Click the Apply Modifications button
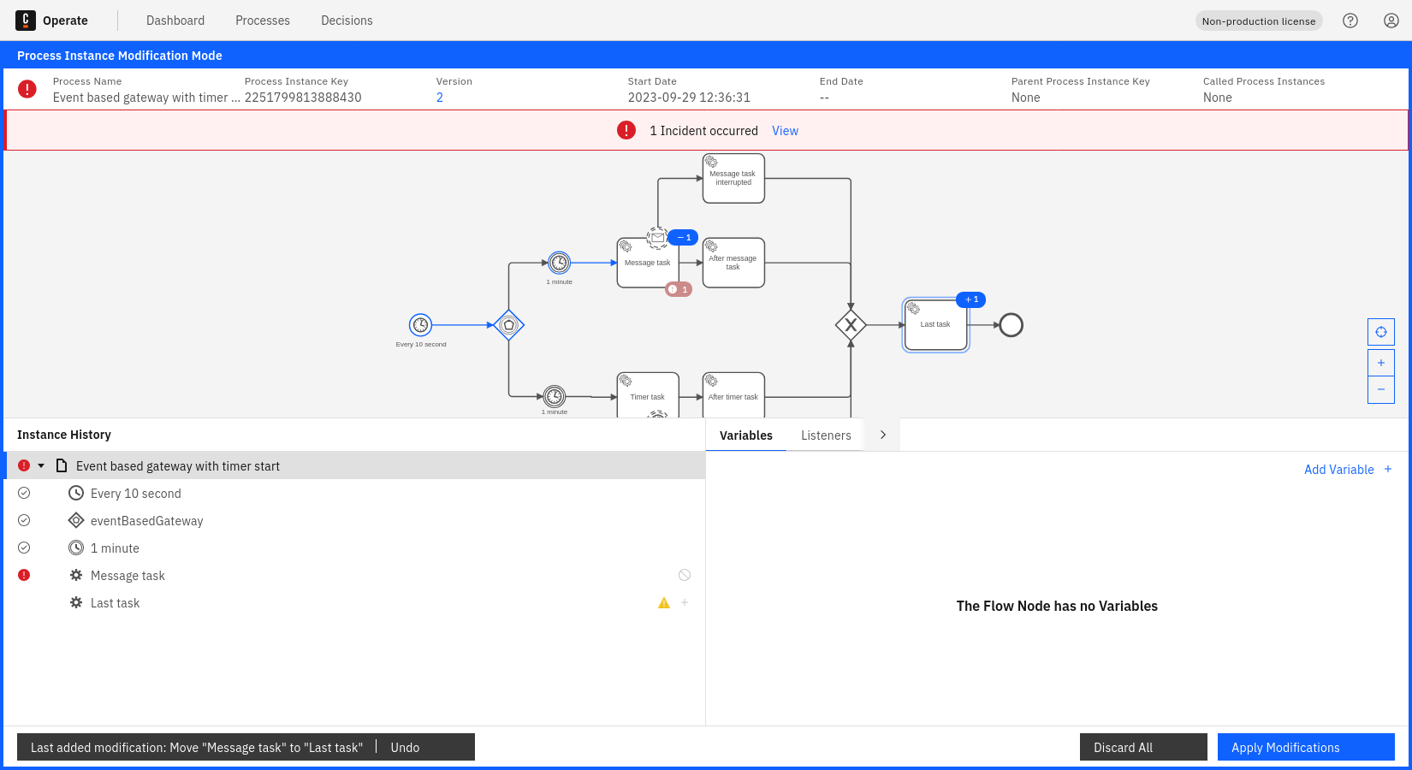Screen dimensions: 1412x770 tap(1306, 747)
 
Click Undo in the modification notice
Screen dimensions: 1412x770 tap(405, 747)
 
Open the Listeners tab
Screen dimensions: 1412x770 tap(826, 435)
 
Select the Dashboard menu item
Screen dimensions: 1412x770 tap(175, 21)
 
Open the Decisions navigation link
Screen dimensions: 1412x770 tap(347, 21)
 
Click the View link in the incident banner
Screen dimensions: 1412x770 tap(785, 130)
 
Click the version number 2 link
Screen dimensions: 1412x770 tap(439, 98)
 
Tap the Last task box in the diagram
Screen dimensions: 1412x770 tap(935, 324)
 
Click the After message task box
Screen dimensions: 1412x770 tap(733, 263)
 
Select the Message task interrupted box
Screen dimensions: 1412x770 tap(733, 178)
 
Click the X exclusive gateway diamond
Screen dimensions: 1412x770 tap(851, 325)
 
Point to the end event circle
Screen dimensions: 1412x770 tap(1012, 325)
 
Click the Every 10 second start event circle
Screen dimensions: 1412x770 tap(420, 325)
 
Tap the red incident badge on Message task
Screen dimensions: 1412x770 tap(679, 289)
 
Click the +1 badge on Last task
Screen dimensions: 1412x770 tap(970, 300)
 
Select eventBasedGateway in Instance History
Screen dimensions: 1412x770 tap(147, 521)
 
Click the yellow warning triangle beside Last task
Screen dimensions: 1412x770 tap(664, 603)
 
